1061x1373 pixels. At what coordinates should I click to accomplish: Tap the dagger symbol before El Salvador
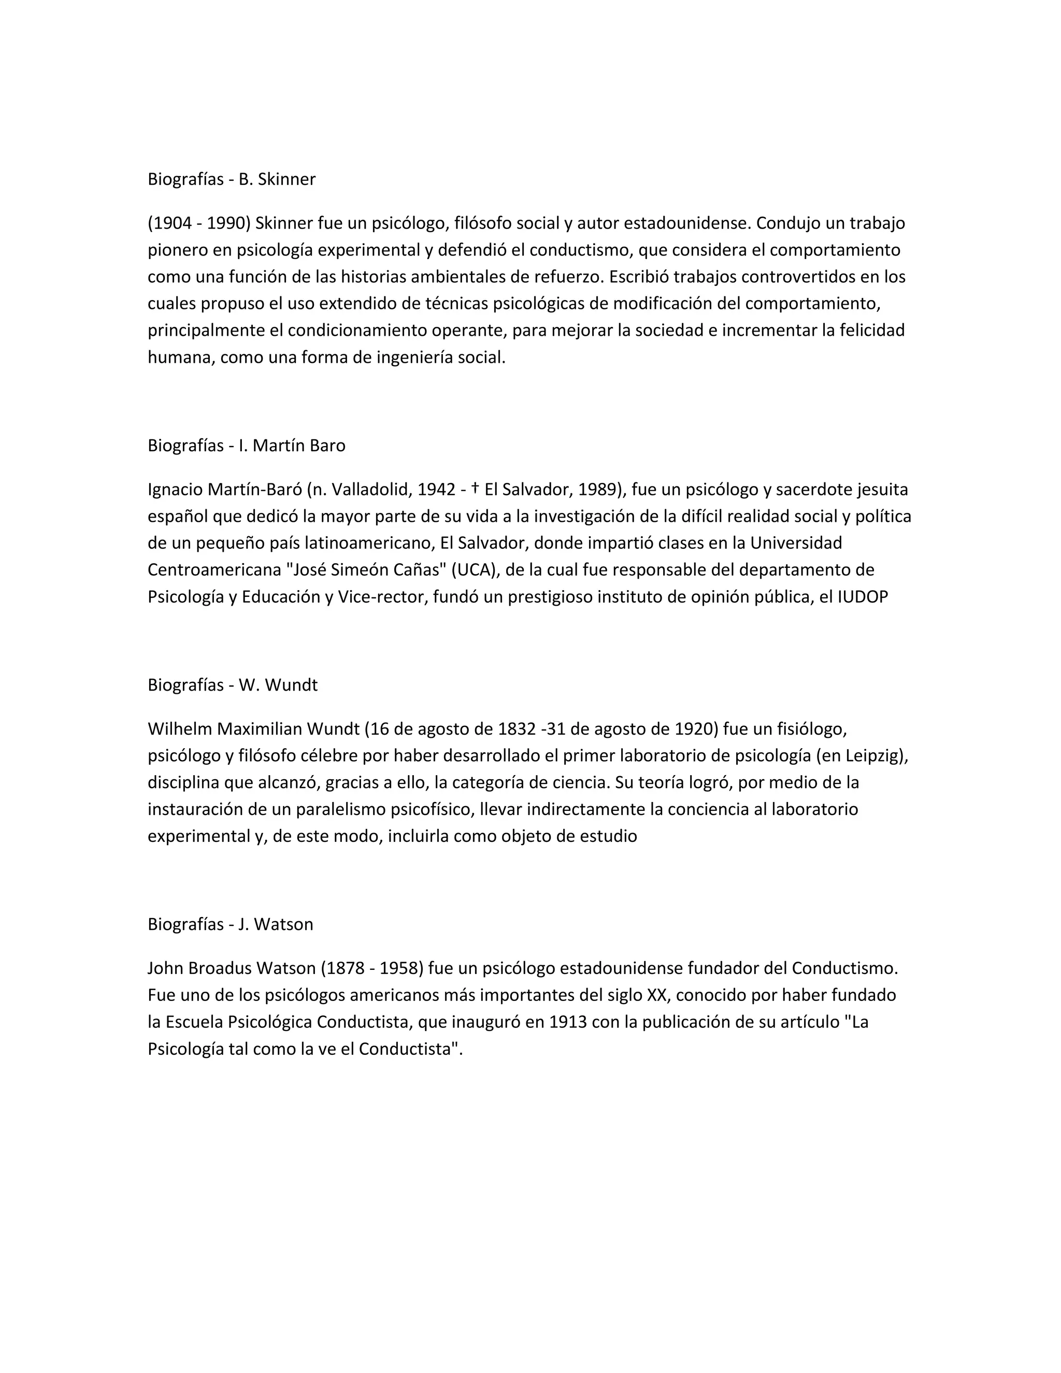click(x=475, y=488)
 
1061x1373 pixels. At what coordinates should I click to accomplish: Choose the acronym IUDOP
click(x=863, y=597)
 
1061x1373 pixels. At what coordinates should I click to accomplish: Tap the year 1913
click(x=568, y=1022)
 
